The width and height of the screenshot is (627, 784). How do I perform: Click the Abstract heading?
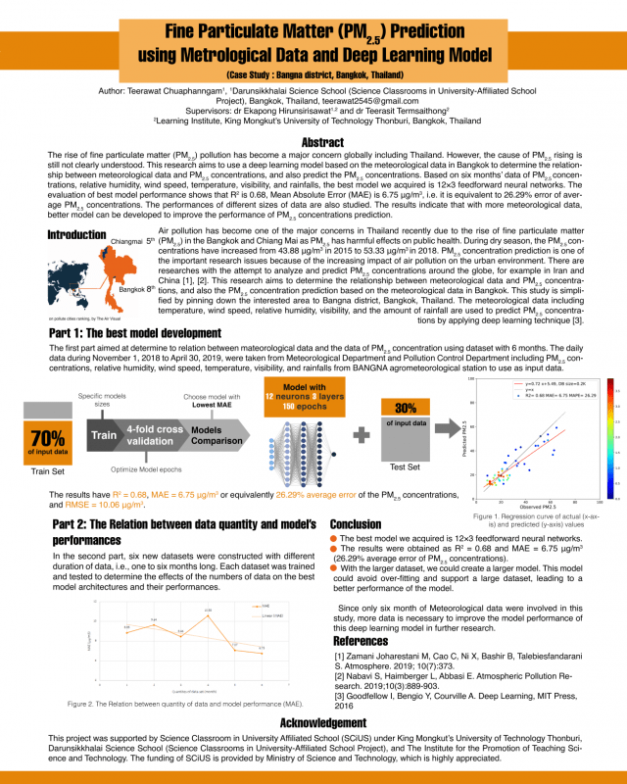pos(313,143)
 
